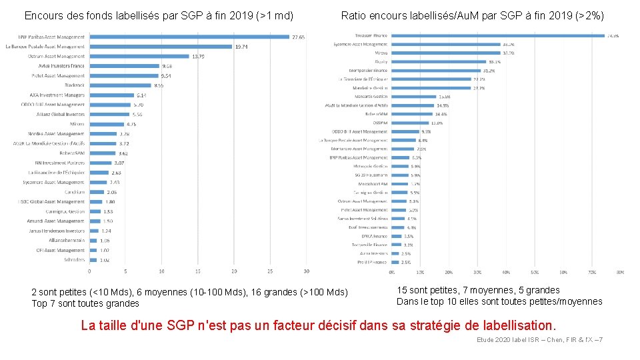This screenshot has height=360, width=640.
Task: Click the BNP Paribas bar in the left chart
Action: coord(189,37)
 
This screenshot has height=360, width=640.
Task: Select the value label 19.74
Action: coord(241,47)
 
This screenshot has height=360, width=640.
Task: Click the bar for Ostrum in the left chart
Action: coord(139,56)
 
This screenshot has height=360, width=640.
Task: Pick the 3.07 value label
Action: coord(119,163)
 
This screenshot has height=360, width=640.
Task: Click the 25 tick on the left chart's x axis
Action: coord(270,271)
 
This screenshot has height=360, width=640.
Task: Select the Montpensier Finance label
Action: coord(367,70)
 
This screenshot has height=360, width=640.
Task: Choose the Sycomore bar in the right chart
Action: coord(446,44)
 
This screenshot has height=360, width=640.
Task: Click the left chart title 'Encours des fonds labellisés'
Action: coord(159,15)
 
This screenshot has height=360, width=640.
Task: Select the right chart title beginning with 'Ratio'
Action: coord(472,15)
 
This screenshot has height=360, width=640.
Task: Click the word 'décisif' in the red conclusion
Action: coord(363,325)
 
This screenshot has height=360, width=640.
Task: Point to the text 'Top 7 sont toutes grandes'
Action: coord(85,303)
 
